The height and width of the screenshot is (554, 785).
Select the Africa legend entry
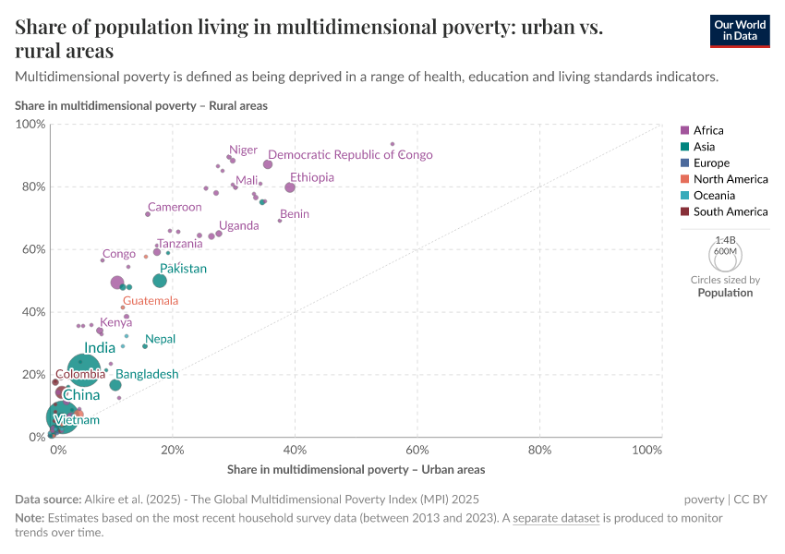click(x=708, y=130)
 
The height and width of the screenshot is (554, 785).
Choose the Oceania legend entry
click(x=714, y=196)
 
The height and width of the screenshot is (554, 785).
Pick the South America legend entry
click(x=730, y=211)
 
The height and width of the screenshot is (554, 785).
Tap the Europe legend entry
click(x=711, y=163)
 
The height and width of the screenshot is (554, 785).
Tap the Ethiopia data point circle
click(x=290, y=187)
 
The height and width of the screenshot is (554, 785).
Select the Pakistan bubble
click(x=160, y=281)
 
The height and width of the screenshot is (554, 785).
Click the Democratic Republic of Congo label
click(x=350, y=155)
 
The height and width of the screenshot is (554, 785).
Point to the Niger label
click(x=244, y=150)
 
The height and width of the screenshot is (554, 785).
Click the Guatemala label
click(x=151, y=301)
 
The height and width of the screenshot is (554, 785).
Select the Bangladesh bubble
click(x=115, y=385)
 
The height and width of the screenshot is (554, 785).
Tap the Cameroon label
click(x=175, y=207)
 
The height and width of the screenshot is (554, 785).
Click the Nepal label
click(x=160, y=339)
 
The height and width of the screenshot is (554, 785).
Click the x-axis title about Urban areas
click(x=356, y=469)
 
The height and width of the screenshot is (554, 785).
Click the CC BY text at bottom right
click(x=751, y=499)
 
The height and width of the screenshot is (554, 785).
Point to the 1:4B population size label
click(x=725, y=239)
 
